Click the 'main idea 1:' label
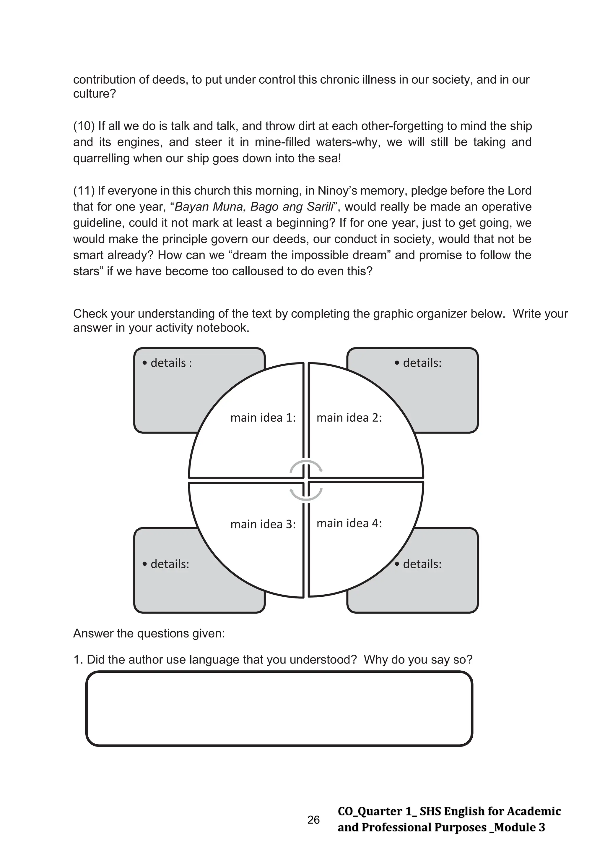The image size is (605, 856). tap(263, 418)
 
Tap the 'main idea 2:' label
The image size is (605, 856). tap(349, 418)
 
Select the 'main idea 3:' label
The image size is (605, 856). tap(263, 524)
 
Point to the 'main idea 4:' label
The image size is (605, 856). tap(349, 523)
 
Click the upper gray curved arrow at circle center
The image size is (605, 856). tap(306, 466)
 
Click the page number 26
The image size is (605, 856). tap(313, 820)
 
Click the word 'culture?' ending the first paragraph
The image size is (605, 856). tap(95, 93)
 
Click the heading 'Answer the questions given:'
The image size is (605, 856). tap(149, 633)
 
